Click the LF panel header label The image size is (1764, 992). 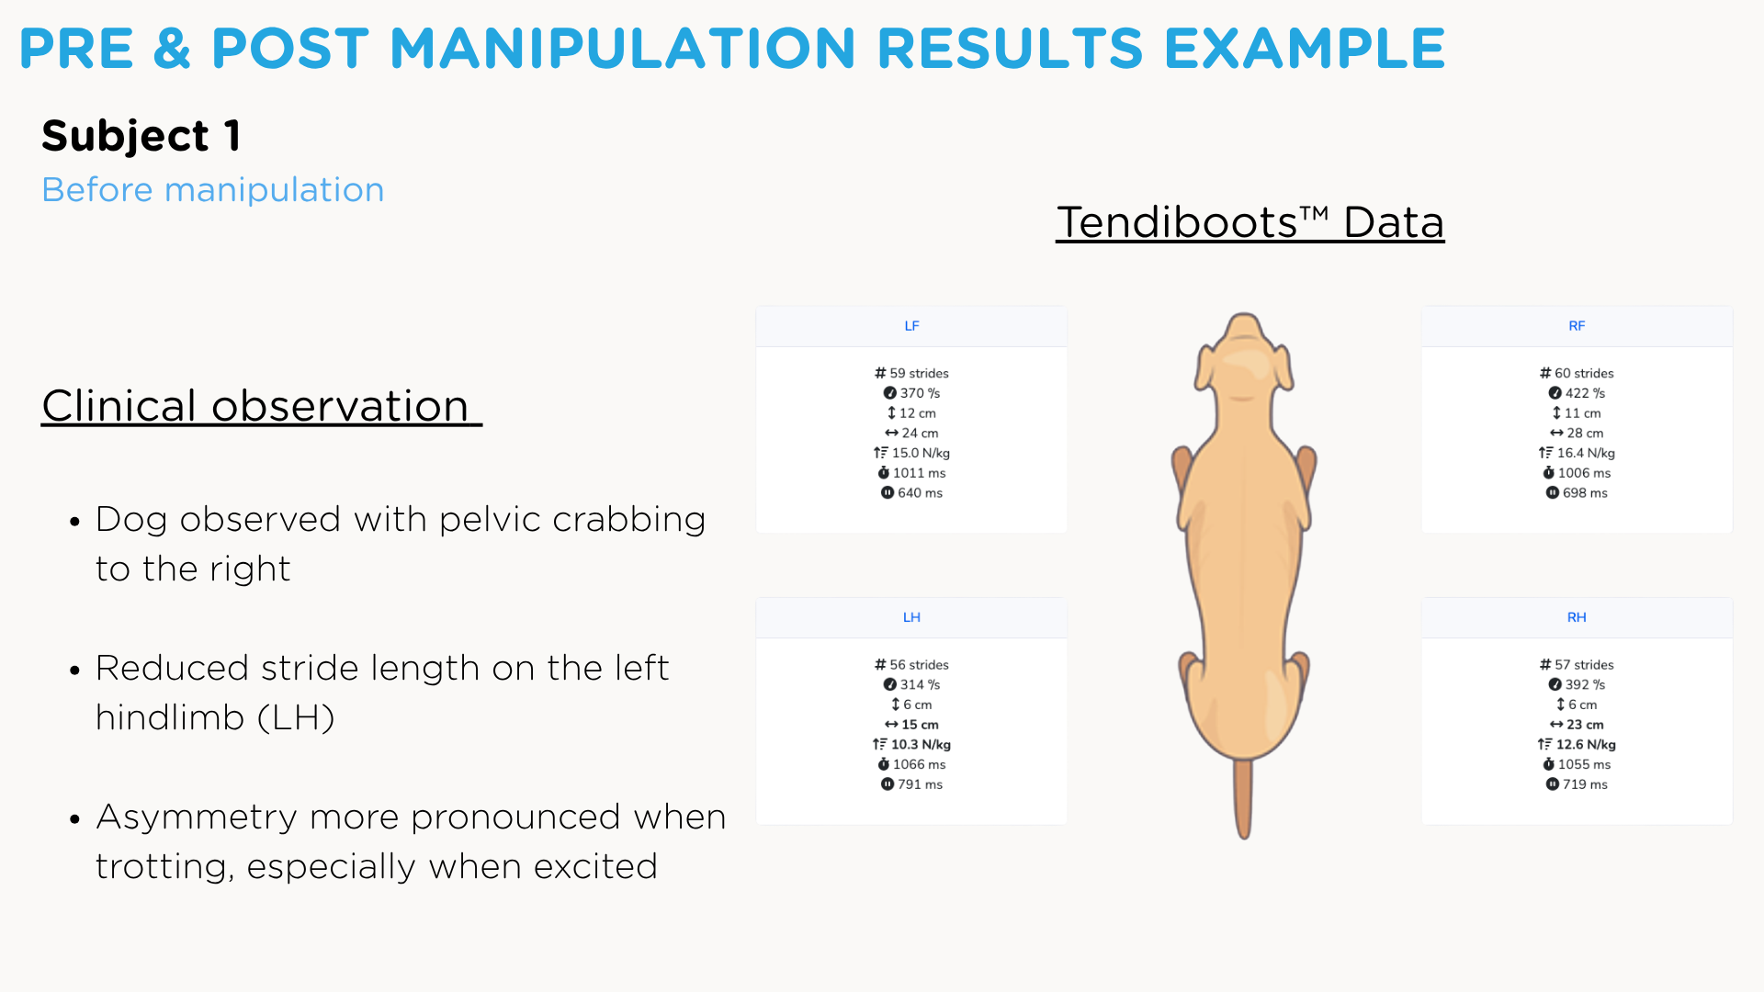911,326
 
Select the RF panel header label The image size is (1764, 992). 1577,326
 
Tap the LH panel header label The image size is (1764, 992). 911,617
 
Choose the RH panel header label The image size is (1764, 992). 1577,617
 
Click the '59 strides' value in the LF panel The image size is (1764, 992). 919,373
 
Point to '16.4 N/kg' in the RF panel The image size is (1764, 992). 1586,453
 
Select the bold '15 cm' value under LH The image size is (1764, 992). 920,725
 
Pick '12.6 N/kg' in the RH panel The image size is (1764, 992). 1586,745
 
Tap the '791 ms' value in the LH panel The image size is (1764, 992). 920,784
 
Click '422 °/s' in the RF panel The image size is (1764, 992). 1585,393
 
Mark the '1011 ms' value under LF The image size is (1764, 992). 919,473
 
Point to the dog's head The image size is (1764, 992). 1243,358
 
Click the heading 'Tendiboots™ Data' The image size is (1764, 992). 1250,222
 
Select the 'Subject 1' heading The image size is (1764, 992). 141,137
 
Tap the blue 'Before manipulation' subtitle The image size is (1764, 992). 213,190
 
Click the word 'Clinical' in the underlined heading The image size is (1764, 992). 119,406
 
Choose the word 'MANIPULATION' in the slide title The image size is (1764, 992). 623,49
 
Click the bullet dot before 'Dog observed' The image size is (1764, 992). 75,522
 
